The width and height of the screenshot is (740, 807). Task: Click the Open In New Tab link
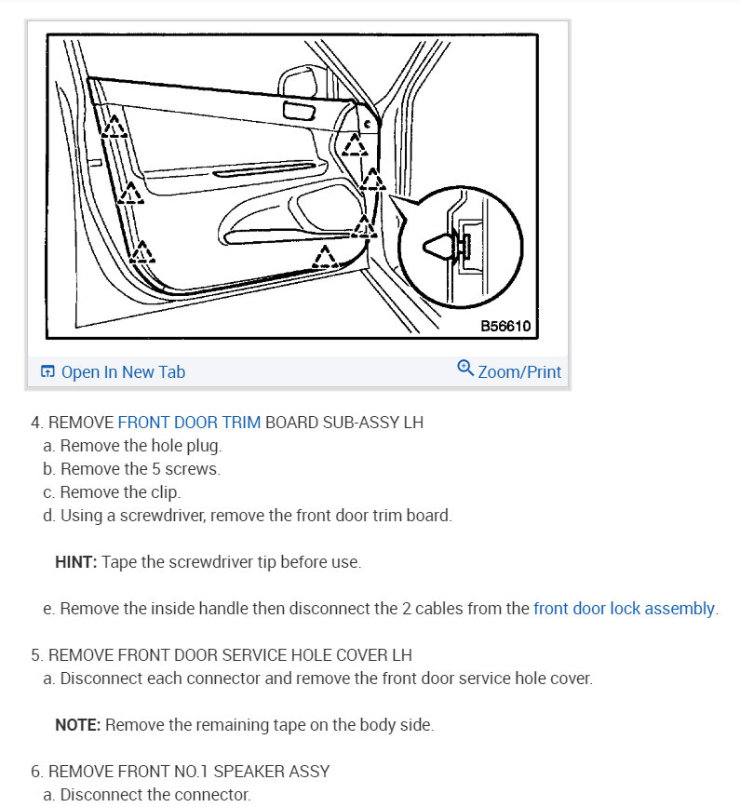[x=123, y=372]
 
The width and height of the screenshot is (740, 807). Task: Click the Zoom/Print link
[x=519, y=372]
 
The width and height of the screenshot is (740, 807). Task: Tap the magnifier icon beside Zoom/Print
[x=466, y=369]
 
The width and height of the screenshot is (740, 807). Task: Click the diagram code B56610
[x=505, y=327]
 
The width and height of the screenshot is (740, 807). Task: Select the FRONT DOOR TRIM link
[x=189, y=423]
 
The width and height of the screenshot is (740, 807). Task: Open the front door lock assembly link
[x=624, y=609]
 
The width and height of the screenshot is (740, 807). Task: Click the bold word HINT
[x=75, y=562]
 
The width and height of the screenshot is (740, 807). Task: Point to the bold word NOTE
[x=76, y=725]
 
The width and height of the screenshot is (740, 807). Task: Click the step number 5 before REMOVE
[x=36, y=655]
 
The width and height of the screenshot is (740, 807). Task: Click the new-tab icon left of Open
[x=47, y=372]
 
